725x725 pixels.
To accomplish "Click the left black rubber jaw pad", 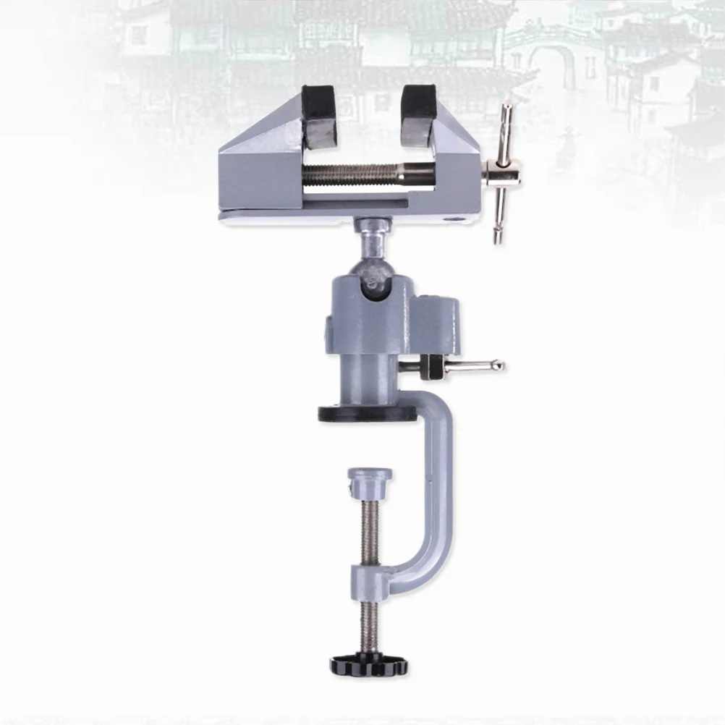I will tap(320, 116).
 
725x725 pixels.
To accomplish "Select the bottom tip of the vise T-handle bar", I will tap(498, 238).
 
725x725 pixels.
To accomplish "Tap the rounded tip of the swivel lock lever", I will tap(497, 365).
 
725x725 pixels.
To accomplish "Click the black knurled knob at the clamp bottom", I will tap(369, 663).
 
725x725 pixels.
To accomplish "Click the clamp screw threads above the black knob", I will tap(370, 626).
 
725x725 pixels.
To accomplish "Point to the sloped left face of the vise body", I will tap(257, 141).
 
